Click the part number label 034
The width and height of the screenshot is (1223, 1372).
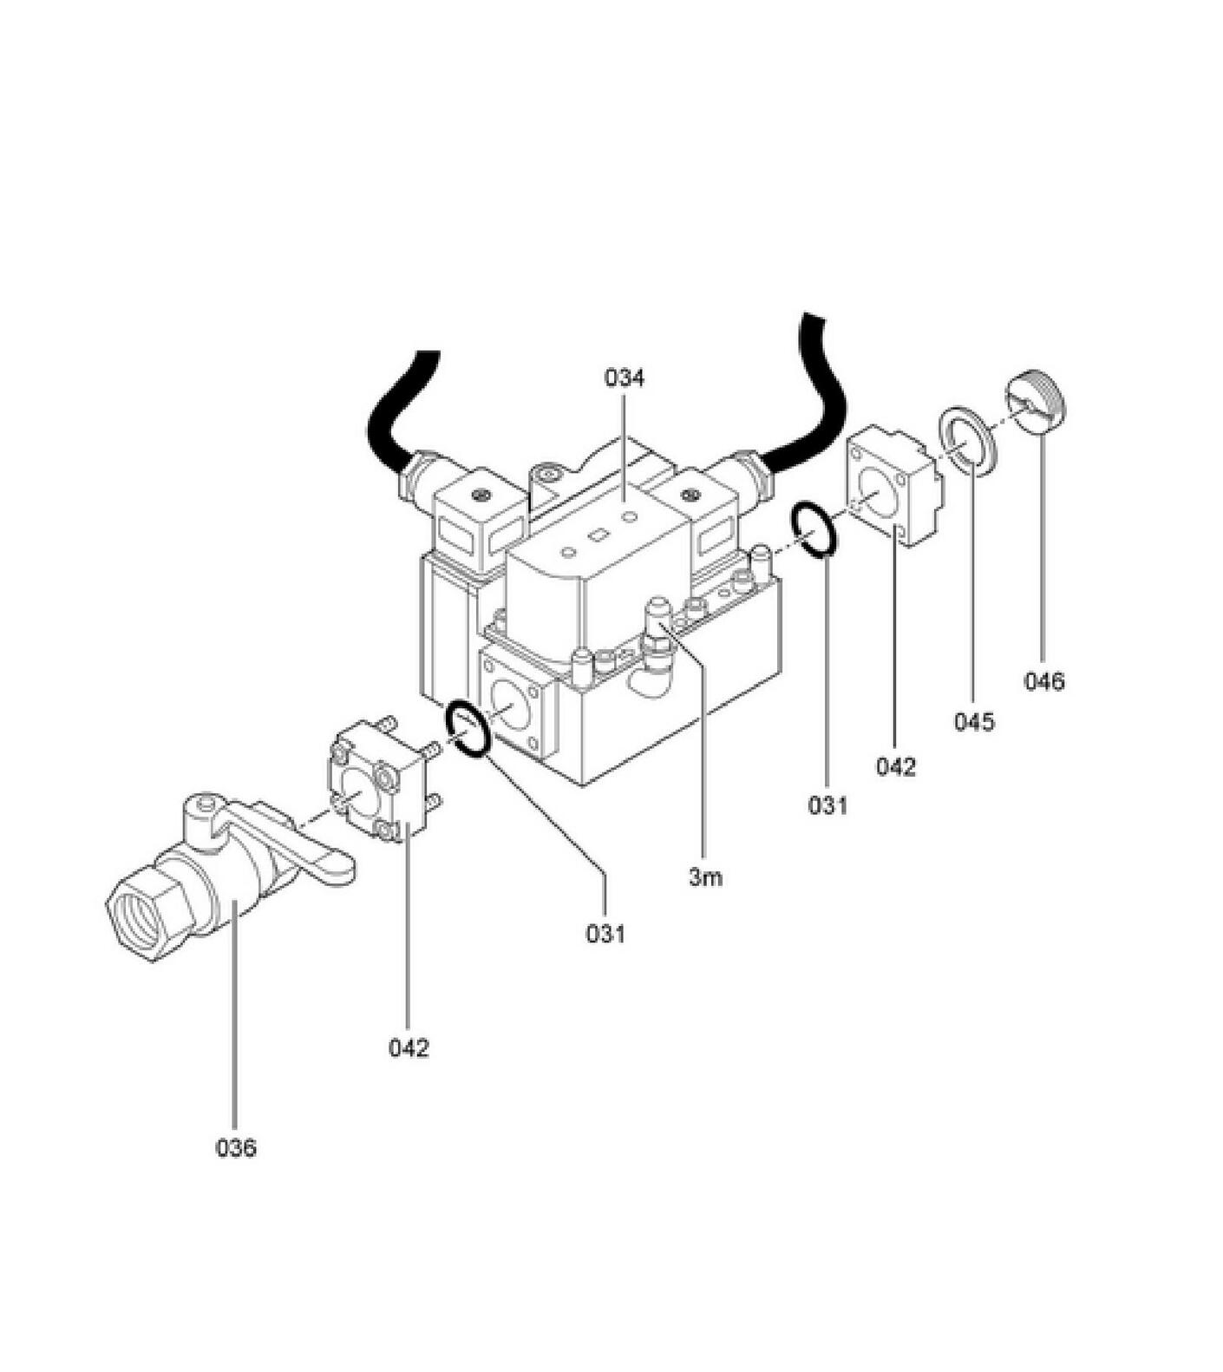tap(625, 378)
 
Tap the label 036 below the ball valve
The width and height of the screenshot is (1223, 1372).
tap(236, 1148)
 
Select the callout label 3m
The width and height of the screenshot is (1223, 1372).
tap(705, 877)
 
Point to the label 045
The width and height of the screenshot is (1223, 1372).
tap(974, 721)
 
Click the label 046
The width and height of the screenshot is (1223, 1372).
tap(1043, 681)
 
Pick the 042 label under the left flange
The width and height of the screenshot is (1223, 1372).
tap(409, 1047)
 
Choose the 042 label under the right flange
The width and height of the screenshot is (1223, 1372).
tap(895, 766)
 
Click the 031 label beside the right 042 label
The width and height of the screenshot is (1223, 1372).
tap(828, 805)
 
